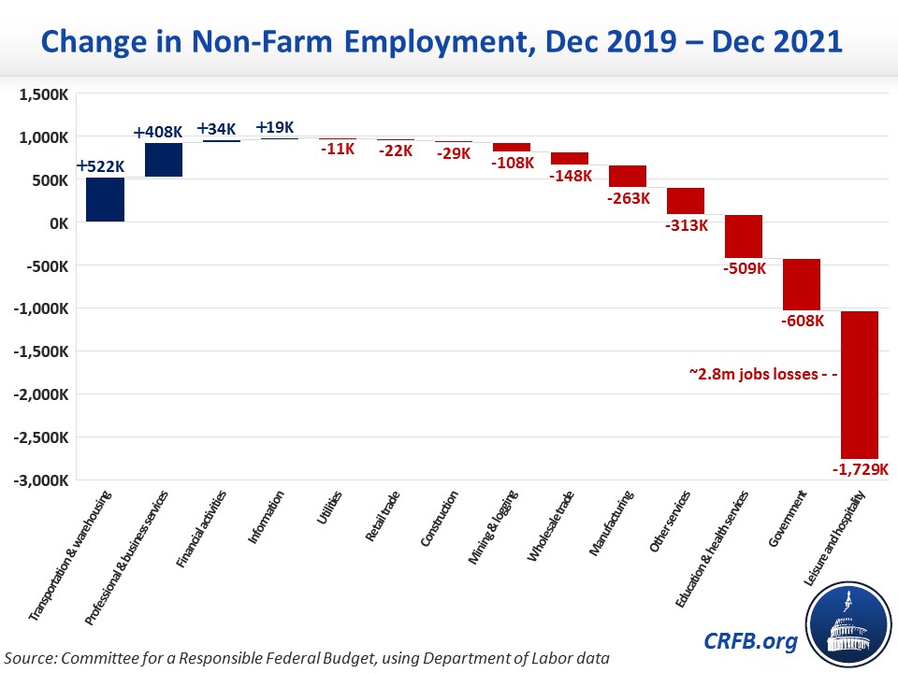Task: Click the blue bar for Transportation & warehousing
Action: point(105,199)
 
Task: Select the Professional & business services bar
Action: point(164,160)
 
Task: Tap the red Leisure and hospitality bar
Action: point(860,383)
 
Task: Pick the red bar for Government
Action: point(802,284)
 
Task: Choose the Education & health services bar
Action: point(744,236)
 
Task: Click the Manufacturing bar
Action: point(628,176)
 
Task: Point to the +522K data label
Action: point(100,166)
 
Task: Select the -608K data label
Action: point(802,322)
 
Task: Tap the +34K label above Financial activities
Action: point(219,129)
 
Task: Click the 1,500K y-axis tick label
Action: point(41,94)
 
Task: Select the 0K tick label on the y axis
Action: point(55,222)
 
